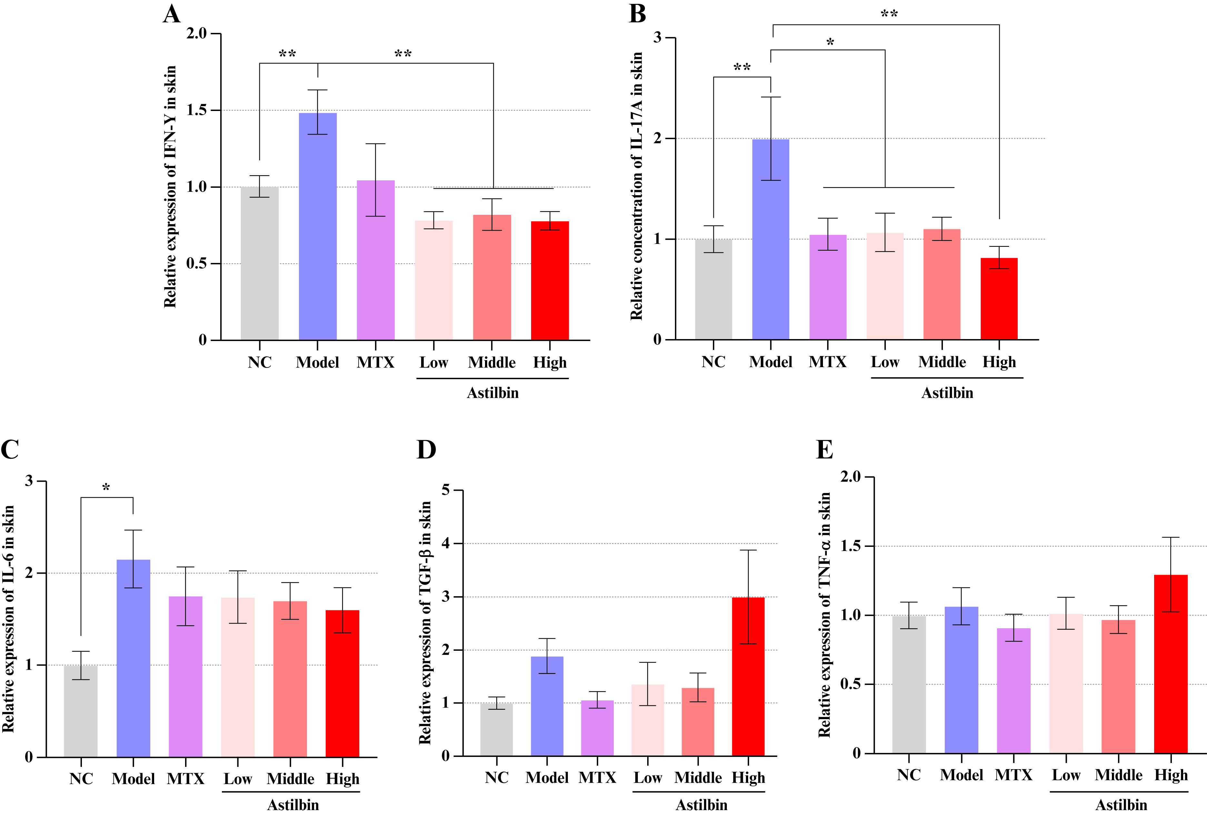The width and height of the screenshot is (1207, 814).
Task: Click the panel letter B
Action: tap(637, 14)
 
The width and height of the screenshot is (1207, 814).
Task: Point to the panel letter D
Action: tap(426, 449)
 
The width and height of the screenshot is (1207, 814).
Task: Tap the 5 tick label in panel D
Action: tap(445, 489)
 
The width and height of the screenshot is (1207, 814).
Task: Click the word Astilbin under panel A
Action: tap(492, 393)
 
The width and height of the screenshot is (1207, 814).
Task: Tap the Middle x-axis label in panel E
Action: tap(1118, 775)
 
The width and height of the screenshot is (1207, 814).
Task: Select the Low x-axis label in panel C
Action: tap(238, 779)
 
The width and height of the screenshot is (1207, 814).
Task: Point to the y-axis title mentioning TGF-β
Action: tap(425, 623)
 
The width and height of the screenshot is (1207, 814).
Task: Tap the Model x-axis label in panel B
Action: tap(771, 362)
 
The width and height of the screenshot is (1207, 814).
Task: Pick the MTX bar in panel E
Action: tap(1014, 690)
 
